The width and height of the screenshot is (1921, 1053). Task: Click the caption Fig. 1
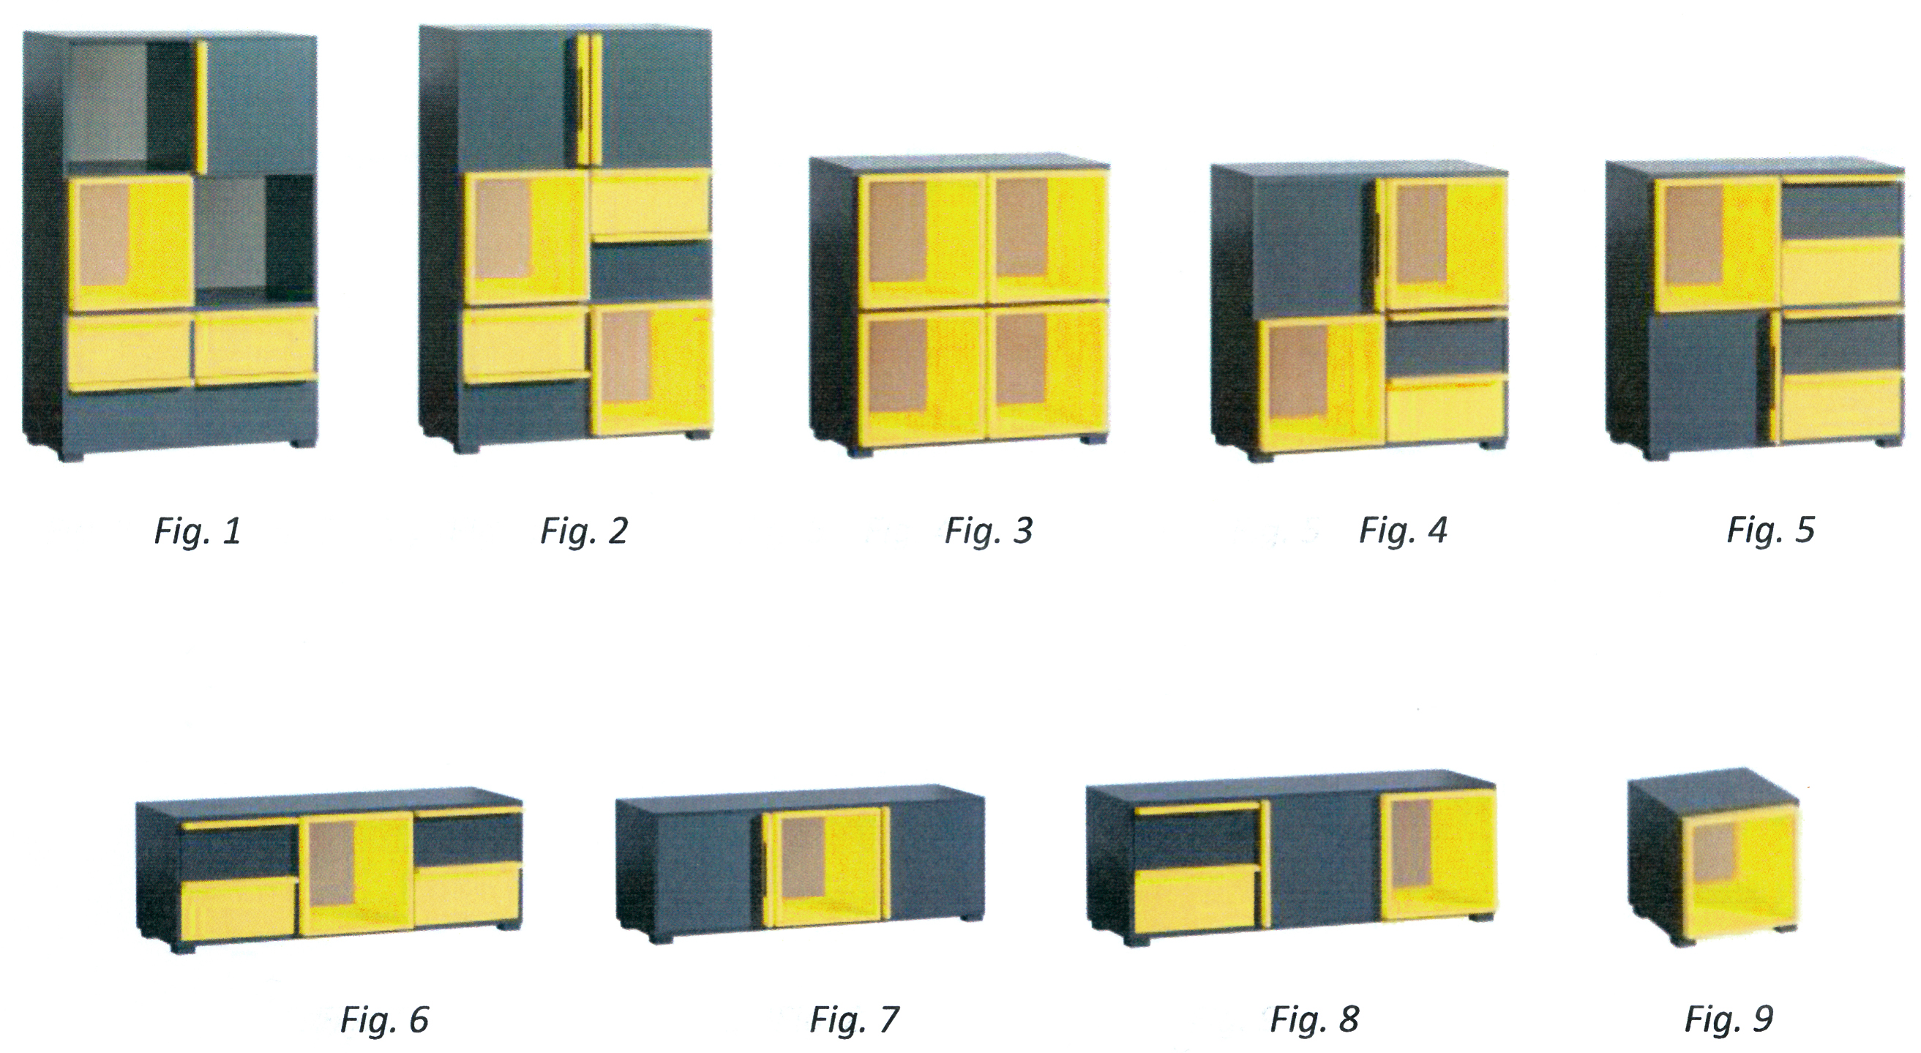pyautogui.click(x=198, y=531)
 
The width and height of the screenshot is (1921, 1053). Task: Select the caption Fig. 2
pyautogui.click(x=584, y=531)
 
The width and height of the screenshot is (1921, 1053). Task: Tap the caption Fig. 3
pyautogui.click(x=989, y=531)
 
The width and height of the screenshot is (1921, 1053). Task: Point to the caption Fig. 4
pyautogui.click(x=1403, y=531)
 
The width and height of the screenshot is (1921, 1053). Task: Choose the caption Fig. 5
pyautogui.click(x=1770, y=531)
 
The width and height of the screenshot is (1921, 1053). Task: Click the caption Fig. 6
pyautogui.click(x=384, y=1019)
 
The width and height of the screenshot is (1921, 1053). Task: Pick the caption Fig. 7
pyautogui.click(x=855, y=1019)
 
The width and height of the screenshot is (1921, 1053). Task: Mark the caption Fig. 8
pyautogui.click(x=1314, y=1019)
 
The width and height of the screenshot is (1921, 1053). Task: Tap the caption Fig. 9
pyautogui.click(x=1729, y=1019)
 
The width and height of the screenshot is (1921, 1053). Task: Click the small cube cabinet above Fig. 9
pyautogui.click(x=1713, y=858)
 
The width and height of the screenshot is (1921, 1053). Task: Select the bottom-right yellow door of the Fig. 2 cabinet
pyautogui.click(x=652, y=368)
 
